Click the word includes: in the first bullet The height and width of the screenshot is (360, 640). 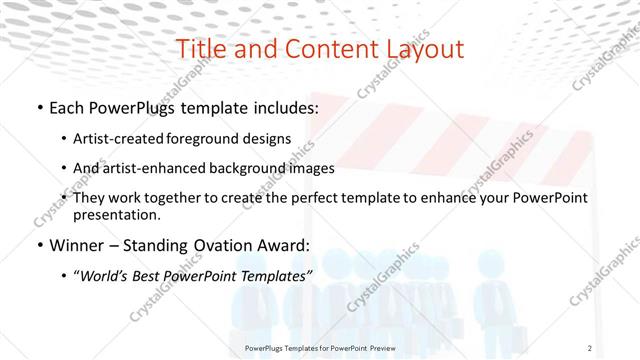pos(283,107)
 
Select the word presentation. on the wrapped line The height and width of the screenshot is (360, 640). pos(116,215)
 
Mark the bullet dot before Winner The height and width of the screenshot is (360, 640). pos(38,246)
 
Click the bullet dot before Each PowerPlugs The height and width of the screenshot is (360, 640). pos(38,108)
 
